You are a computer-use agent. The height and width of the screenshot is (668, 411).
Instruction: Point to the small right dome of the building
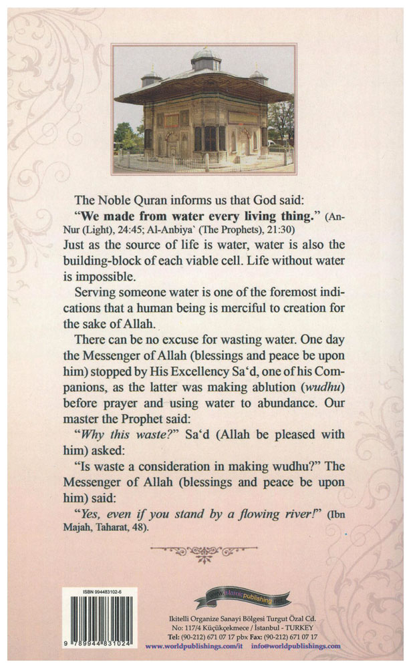click(x=259, y=76)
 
